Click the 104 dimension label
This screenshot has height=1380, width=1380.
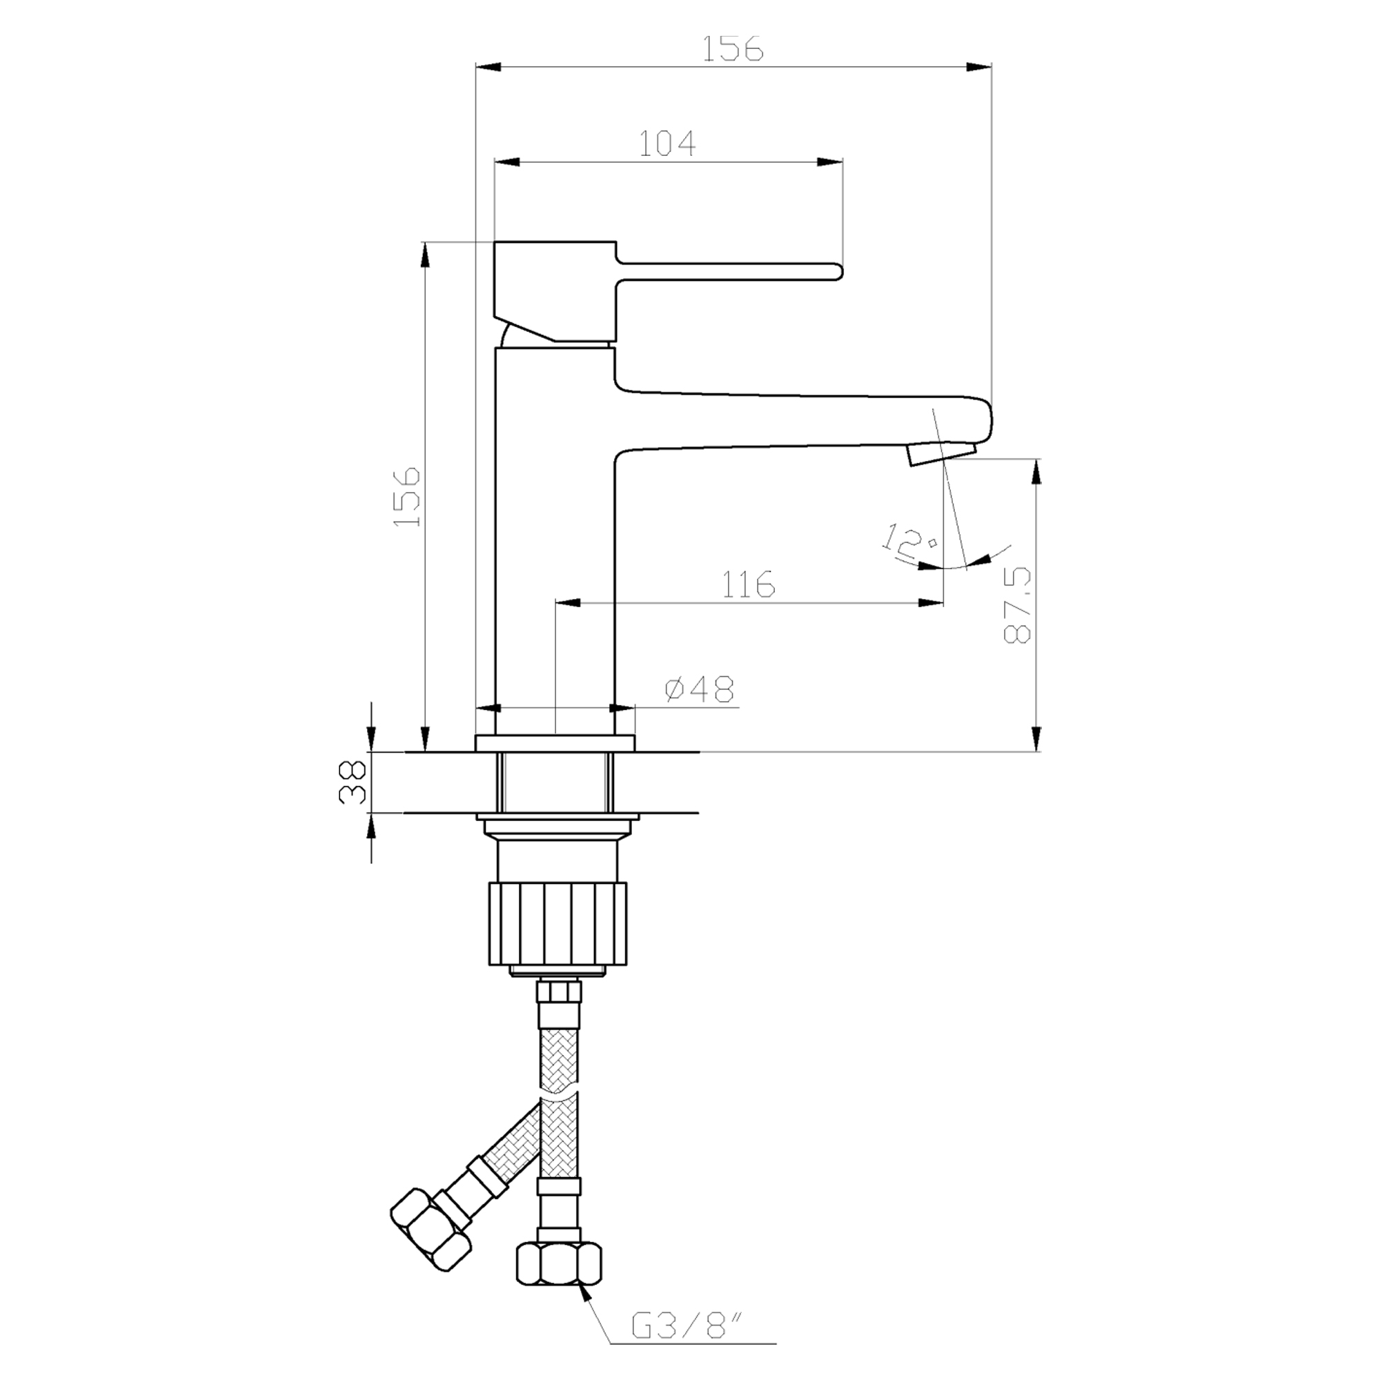(x=667, y=144)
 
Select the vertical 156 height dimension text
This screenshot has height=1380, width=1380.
(x=408, y=497)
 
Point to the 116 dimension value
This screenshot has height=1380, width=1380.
(x=747, y=584)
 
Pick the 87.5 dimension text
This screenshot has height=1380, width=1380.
(x=1018, y=604)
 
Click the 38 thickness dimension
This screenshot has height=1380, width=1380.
(x=353, y=782)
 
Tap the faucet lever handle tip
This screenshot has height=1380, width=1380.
(x=837, y=270)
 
